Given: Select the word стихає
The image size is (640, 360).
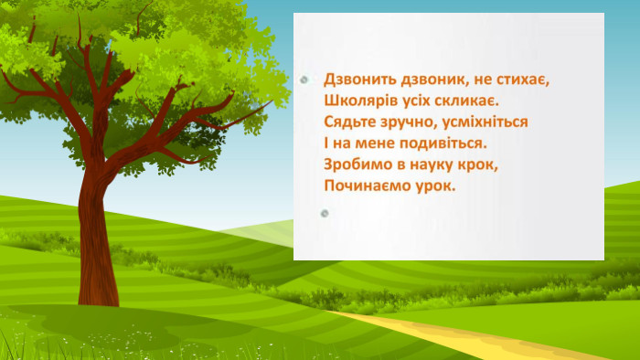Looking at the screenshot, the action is pyautogui.click(x=523, y=79).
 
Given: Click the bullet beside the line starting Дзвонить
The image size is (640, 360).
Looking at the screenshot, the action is pyautogui.click(x=304, y=79).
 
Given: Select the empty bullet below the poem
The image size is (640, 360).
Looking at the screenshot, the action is pyautogui.click(x=325, y=213).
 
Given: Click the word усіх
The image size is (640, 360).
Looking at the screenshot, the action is pyautogui.click(x=416, y=101).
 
